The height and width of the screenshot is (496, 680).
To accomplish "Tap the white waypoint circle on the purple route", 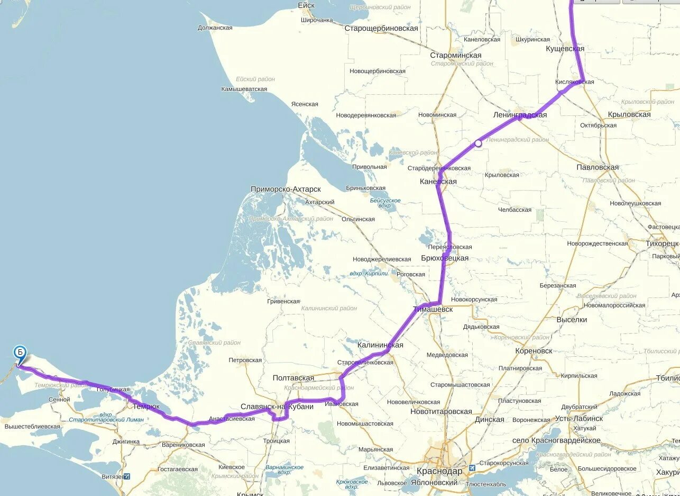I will (478, 143).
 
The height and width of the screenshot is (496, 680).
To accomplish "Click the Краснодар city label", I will (439, 471).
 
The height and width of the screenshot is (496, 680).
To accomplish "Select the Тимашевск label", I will (433, 309).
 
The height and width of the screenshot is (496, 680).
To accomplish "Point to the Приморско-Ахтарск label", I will (286, 189).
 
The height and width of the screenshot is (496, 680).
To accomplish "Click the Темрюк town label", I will (146, 407).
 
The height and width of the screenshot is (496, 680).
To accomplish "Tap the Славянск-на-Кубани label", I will (277, 407).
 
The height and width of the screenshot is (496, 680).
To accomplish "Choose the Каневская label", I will (438, 182).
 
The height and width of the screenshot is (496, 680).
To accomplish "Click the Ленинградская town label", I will (520, 115).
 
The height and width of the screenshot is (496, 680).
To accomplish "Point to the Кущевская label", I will (565, 49).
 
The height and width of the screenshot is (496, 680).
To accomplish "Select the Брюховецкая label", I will (445, 258).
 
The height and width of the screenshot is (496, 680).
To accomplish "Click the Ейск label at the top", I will (306, 5).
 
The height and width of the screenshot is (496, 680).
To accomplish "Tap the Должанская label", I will (215, 28).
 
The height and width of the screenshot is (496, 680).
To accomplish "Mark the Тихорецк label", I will (661, 244).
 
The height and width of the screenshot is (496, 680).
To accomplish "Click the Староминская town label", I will (455, 56).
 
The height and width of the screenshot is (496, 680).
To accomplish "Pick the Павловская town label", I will (598, 167).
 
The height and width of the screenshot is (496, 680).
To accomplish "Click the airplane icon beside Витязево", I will (127, 476).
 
